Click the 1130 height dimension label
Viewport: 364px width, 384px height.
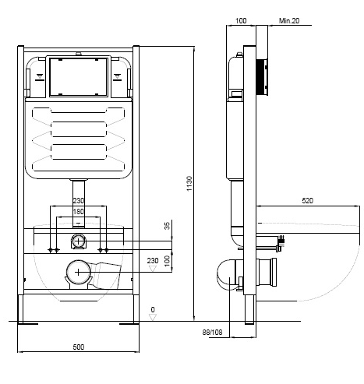pos(189,184)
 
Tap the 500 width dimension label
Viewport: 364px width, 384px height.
pos(79,347)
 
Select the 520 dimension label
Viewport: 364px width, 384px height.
pos(308,200)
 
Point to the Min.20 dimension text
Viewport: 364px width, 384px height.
pos(289,21)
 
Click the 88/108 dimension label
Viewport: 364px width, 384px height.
pos(213,333)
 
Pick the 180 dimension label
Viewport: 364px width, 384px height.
pos(78,212)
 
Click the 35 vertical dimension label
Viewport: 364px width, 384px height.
pos(167,226)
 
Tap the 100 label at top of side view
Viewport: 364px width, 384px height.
pos(241,21)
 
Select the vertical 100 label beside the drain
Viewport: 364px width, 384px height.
pos(167,261)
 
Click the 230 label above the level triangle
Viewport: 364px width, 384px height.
pos(153,260)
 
